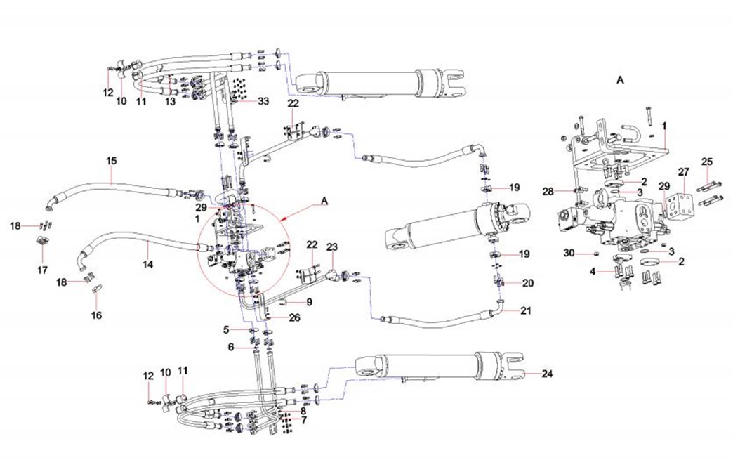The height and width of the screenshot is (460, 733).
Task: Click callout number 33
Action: pyautogui.click(x=263, y=102)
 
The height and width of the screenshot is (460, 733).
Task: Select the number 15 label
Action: pyautogui.click(x=111, y=161)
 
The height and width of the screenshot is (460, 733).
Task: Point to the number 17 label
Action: pyautogui.click(x=41, y=270)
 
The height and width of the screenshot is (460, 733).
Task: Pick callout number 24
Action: pyautogui.click(x=548, y=374)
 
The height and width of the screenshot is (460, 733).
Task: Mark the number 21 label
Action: pyautogui.click(x=527, y=310)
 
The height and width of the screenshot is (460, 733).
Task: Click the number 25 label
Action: pyautogui.click(x=706, y=163)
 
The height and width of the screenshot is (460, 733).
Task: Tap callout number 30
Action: pyautogui.click(x=569, y=253)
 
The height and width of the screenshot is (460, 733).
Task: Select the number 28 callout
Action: pyautogui.click(x=548, y=191)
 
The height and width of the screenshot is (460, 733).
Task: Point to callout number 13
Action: pyautogui.click(x=170, y=103)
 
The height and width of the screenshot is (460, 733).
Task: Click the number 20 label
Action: pyautogui.click(x=529, y=283)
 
